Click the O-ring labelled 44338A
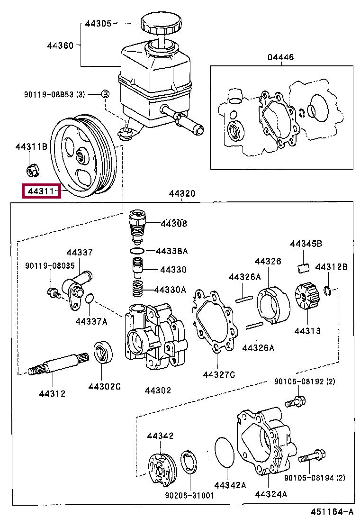click(136, 250)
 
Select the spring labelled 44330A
click(137, 288)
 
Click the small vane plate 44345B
click(304, 267)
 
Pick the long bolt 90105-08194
click(312, 457)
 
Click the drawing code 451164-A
click(332, 512)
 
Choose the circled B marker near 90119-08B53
click(106, 94)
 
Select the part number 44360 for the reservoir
click(60, 45)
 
